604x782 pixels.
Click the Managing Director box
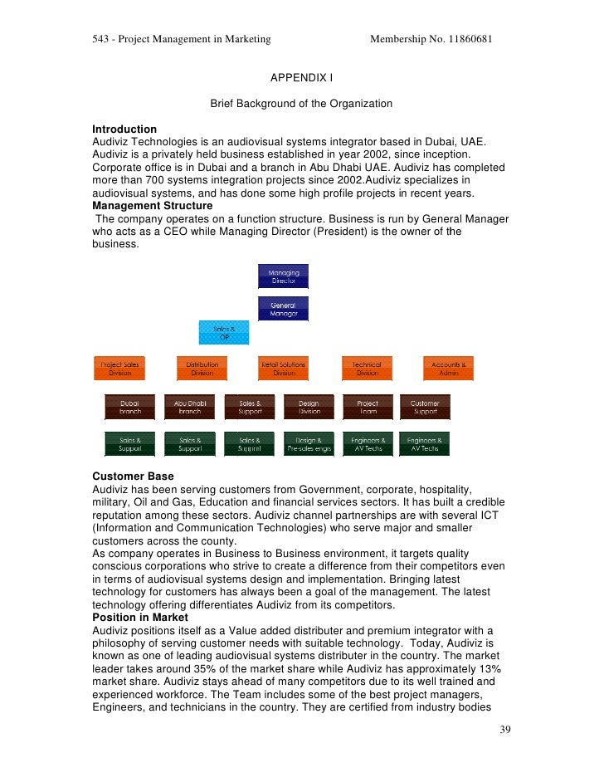(x=284, y=276)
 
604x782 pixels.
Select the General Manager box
(x=284, y=309)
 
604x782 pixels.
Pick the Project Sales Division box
(x=120, y=369)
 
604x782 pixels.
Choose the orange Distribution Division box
(x=202, y=369)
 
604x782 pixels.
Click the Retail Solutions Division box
(x=284, y=369)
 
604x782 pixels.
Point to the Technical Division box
(x=367, y=369)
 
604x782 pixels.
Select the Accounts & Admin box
(x=449, y=369)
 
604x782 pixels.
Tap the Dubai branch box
(x=130, y=407)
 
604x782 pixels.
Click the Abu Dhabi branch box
(x=190, y=407)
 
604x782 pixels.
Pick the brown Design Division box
(x=309, y=407)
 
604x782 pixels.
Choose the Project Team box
(x=368, y=407)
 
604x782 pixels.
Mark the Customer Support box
(x=425, y=407)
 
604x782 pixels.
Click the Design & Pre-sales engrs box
(x=309, y=444)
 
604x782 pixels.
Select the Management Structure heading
(x=153, y=206)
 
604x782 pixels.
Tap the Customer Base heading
(x=133, y=477)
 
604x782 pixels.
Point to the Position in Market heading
(x=140, y=617)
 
